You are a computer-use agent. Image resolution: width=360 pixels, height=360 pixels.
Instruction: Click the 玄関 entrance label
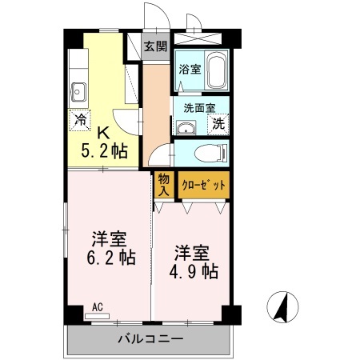click(x=156, y=46)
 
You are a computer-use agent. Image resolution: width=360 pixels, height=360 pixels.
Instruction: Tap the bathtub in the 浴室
click(x=217, y=69)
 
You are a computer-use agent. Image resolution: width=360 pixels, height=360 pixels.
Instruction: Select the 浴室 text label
click(x=190, y=70)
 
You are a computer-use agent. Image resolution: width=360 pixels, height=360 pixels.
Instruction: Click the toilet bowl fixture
click(x=211, y=154)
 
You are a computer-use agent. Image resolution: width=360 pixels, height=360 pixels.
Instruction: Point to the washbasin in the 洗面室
click(x=186, y=128)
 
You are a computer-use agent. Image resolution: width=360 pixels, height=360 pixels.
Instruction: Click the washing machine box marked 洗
click(x=218, y=124)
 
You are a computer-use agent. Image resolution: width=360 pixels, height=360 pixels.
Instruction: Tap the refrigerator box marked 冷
click(x=80, y=120)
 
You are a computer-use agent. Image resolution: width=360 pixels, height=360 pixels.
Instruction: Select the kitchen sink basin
click(x=78, y=92)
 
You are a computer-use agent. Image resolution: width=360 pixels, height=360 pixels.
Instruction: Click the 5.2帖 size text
click(x=104, y=151)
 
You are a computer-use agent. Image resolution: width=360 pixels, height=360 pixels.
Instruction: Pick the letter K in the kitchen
click(x=103, y=133)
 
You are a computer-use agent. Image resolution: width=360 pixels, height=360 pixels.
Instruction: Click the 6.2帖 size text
click(x=111, y=257)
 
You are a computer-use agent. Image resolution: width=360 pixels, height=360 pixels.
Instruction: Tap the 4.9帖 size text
click(x=194, y=271)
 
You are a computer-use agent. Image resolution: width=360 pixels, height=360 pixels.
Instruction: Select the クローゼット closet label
click(x=203, y=185)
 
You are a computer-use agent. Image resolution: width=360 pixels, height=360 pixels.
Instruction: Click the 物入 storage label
click(x=164, y=185)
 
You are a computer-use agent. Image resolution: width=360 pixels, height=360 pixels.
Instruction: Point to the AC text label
click(x=98, y=307)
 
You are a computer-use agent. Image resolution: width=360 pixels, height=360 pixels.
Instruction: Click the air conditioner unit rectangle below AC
click(x=97, y=316)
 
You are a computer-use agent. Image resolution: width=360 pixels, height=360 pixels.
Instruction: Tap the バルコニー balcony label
click(x=151, y=339)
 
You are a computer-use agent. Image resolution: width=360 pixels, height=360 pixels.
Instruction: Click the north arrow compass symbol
click(x=282, y=307)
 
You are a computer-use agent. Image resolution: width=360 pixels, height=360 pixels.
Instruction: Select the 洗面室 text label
click(x=199, y=108)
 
